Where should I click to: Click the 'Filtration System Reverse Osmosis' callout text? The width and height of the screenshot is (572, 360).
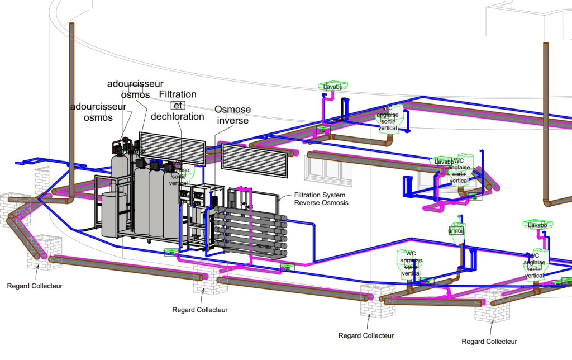pos(321,199)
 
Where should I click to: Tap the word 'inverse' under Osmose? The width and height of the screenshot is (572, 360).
pos(232,121)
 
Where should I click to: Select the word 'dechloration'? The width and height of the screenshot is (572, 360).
pos(177,116)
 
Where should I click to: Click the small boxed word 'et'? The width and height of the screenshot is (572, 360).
pos(178,105)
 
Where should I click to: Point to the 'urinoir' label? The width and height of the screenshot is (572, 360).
pos(456,231)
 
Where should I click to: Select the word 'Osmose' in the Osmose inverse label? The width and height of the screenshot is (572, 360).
pos(232,110)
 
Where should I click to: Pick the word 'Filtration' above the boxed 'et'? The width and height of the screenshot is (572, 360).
pos(178,94)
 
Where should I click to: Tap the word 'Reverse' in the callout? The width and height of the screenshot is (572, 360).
pos(307,203)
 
